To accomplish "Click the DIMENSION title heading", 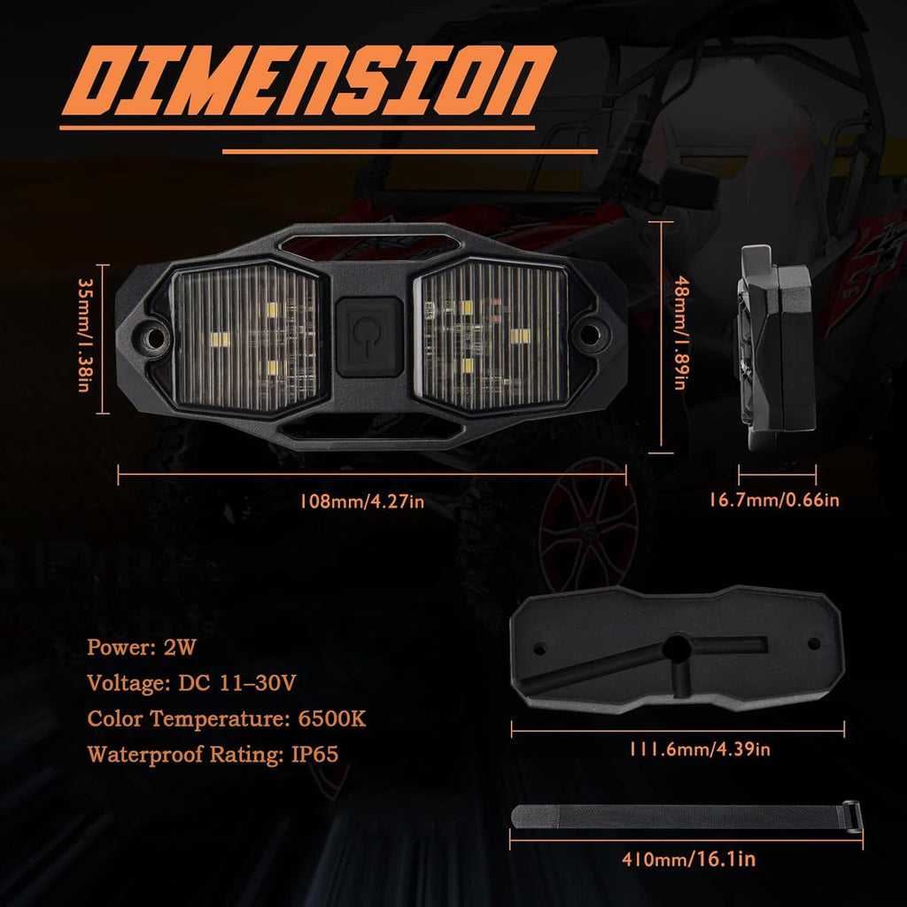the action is pos(308,81).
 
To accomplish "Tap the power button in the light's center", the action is pos(369,337).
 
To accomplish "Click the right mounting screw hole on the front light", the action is pos(589,334).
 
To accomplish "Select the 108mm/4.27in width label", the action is pos(361,501).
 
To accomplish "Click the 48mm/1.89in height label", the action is pos(682,333).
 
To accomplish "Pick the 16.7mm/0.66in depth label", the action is pos(774,500).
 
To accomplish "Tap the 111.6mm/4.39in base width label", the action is pos(700,749).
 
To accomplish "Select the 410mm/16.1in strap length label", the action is pos(688,859).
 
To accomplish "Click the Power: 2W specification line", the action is pos(142,647).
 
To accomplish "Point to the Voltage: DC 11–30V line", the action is pos(191,683).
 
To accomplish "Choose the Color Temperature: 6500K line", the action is pos(226,719).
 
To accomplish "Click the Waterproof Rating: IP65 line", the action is pos(213,755).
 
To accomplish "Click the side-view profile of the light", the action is pos(776,348).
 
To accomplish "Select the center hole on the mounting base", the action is pos(677,649).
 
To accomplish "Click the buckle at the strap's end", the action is pos(851,816).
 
